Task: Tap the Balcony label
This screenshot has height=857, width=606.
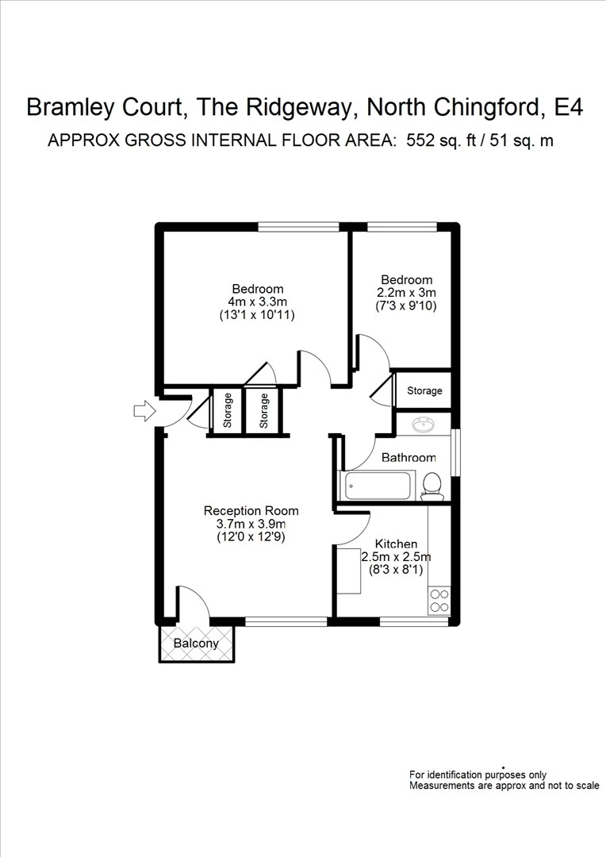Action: coord(196,644)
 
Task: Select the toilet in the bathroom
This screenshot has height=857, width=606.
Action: coord(431,486)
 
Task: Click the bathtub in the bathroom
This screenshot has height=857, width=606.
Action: coord(376,485)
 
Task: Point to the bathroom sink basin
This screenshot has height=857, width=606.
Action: coord(423,426)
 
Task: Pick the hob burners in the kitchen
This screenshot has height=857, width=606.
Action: coord(439,601)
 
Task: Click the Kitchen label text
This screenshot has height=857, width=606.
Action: coord(396,544)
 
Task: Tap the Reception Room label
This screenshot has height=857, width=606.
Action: coord(251,510)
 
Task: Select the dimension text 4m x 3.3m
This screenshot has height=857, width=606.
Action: coord(257,302)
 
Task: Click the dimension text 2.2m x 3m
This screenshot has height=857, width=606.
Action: coord(406,292)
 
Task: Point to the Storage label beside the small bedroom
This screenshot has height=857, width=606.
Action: coord(424,391)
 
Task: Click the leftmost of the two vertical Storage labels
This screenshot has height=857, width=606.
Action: coord(228,410)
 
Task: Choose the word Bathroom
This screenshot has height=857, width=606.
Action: coord(408,458)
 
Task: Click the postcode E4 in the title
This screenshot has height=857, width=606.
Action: coord(568,107)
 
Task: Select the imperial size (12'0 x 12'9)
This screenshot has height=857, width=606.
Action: coord(251,536)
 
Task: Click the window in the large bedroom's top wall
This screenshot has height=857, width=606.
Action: coord(298,227)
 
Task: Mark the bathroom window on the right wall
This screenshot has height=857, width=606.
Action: coord(454,452)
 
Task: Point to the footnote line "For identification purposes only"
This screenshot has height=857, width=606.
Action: coord(478,774)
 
